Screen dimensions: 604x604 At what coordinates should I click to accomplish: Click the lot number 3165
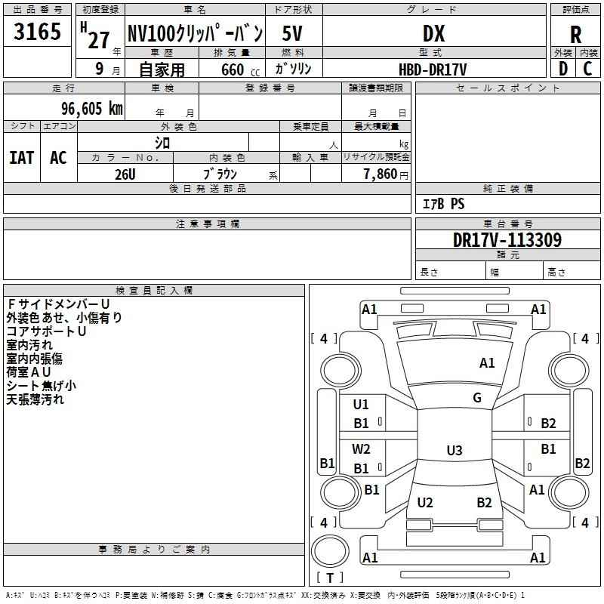coord(37,31)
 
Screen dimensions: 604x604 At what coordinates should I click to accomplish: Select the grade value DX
coord(433,33)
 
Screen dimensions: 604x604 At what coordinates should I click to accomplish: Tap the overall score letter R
coord(575,35)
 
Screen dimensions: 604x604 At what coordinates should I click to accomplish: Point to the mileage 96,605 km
coord(92,109)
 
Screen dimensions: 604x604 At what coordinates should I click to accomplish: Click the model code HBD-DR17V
coord(433,69)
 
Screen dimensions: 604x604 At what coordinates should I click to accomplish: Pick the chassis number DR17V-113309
coord(507,240)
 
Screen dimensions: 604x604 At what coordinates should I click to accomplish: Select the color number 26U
coord(125,174)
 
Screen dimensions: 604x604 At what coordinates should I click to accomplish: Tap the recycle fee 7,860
coord(381,174)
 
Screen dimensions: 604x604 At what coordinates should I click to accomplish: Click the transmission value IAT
coord(22,158)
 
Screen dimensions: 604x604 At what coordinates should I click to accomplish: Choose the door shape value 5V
coord(292,33)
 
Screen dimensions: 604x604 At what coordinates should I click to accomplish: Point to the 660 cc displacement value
coord(240,70)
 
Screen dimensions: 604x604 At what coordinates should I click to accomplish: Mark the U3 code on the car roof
coord(455,450)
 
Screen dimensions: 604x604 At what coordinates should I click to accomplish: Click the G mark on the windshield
coord(477,397)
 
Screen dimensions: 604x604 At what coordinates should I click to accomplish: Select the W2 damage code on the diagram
coord(361,448)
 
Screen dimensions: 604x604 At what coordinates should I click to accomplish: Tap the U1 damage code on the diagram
coord(361,404)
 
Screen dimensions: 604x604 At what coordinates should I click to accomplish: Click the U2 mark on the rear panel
coord(425,502)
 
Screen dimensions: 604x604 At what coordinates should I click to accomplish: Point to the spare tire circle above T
coord(330,551)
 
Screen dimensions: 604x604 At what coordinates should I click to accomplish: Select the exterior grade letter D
coord(563,69)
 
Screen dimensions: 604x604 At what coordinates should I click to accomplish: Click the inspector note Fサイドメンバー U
coord(58,304)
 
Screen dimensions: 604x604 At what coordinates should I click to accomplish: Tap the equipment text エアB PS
coord(443,204)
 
